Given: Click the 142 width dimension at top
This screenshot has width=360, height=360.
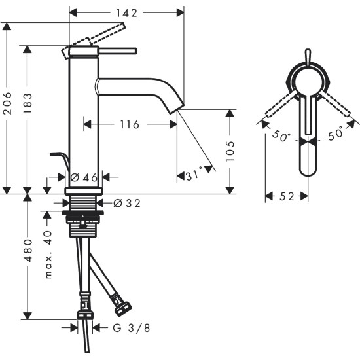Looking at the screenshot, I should (126, 12).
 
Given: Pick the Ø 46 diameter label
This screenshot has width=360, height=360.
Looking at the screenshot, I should (84, 177).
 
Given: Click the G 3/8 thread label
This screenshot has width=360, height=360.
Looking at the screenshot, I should (124, 328).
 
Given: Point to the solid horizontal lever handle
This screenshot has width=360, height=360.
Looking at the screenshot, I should (118, 49).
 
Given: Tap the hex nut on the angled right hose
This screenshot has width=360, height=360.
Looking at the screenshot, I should (122, 305).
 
